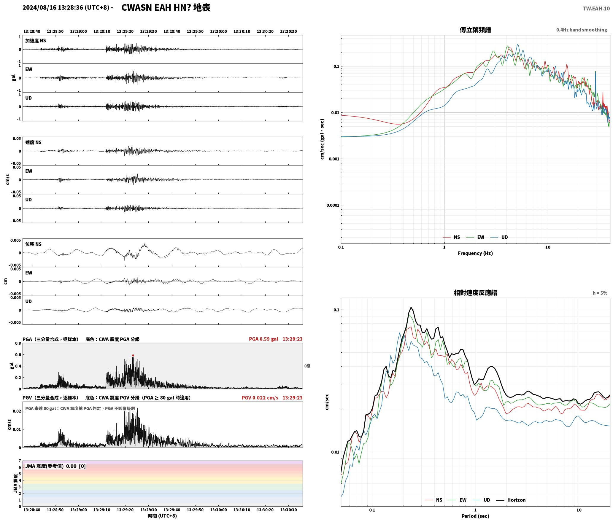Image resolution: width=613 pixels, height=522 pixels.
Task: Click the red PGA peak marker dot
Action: tap(133, 355)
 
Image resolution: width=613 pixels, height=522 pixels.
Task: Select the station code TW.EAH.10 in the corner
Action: tap(596, 8)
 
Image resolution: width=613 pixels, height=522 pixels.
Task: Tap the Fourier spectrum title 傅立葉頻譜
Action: tap(475, 30)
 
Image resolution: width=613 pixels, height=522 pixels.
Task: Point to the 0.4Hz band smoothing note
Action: tap(582, 30)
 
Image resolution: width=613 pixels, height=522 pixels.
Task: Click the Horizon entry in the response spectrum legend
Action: tap(516, 500)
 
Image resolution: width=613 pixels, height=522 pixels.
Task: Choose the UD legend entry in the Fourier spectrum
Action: tap(504, 237)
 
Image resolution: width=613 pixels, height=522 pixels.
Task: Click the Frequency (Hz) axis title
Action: tap(475, 253)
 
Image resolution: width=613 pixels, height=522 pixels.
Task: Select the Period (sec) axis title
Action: tap(475, 516)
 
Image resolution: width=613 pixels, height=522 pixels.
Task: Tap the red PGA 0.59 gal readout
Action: tap(263, 339)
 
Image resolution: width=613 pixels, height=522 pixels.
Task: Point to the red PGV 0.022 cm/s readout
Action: tap(260, 397)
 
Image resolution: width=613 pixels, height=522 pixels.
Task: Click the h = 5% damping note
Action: tap(600, 293)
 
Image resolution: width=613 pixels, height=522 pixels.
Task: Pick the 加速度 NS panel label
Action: tap(36, 41)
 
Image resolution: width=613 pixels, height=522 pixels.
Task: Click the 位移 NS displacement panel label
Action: tap(33, 244)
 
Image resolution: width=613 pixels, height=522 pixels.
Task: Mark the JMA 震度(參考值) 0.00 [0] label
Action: tap(55, 466)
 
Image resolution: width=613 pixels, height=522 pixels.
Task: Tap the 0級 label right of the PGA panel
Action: tap(307, 366)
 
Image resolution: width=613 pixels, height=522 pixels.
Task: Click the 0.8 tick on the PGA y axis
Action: tap(18, 343)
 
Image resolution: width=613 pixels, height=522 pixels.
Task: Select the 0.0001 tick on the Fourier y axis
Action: tap(333, 205)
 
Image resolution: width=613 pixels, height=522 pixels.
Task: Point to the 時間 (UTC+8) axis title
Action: tap(163, 516)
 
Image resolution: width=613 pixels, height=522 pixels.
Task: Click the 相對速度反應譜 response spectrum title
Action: tap(475, 293)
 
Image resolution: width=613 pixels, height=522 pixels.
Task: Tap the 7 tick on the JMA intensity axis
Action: tap(20, 461)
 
